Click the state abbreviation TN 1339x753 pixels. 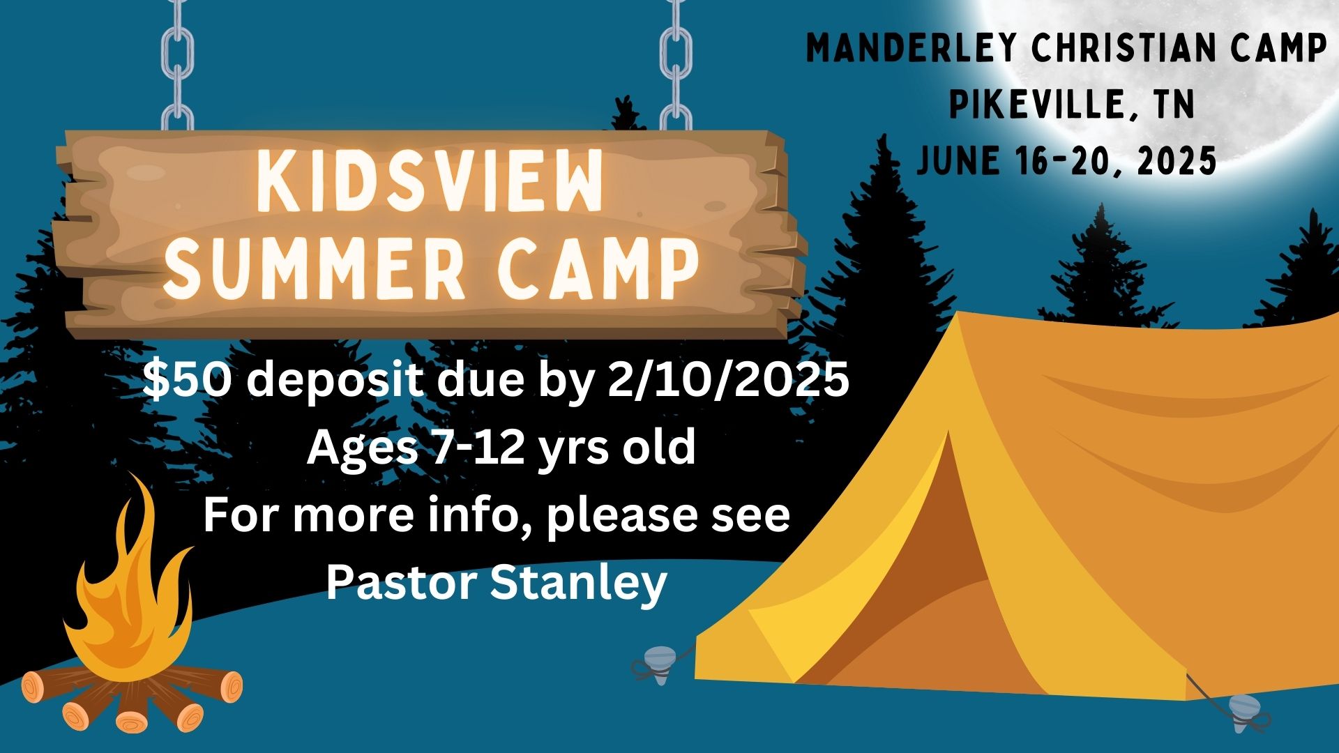[1174, 105]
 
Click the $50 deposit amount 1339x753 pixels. [186, 381]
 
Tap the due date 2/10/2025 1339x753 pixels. [728, 381]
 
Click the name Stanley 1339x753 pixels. [578, 584]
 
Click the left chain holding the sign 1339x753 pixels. [178, 66]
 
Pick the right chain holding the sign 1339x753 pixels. [676, 66]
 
